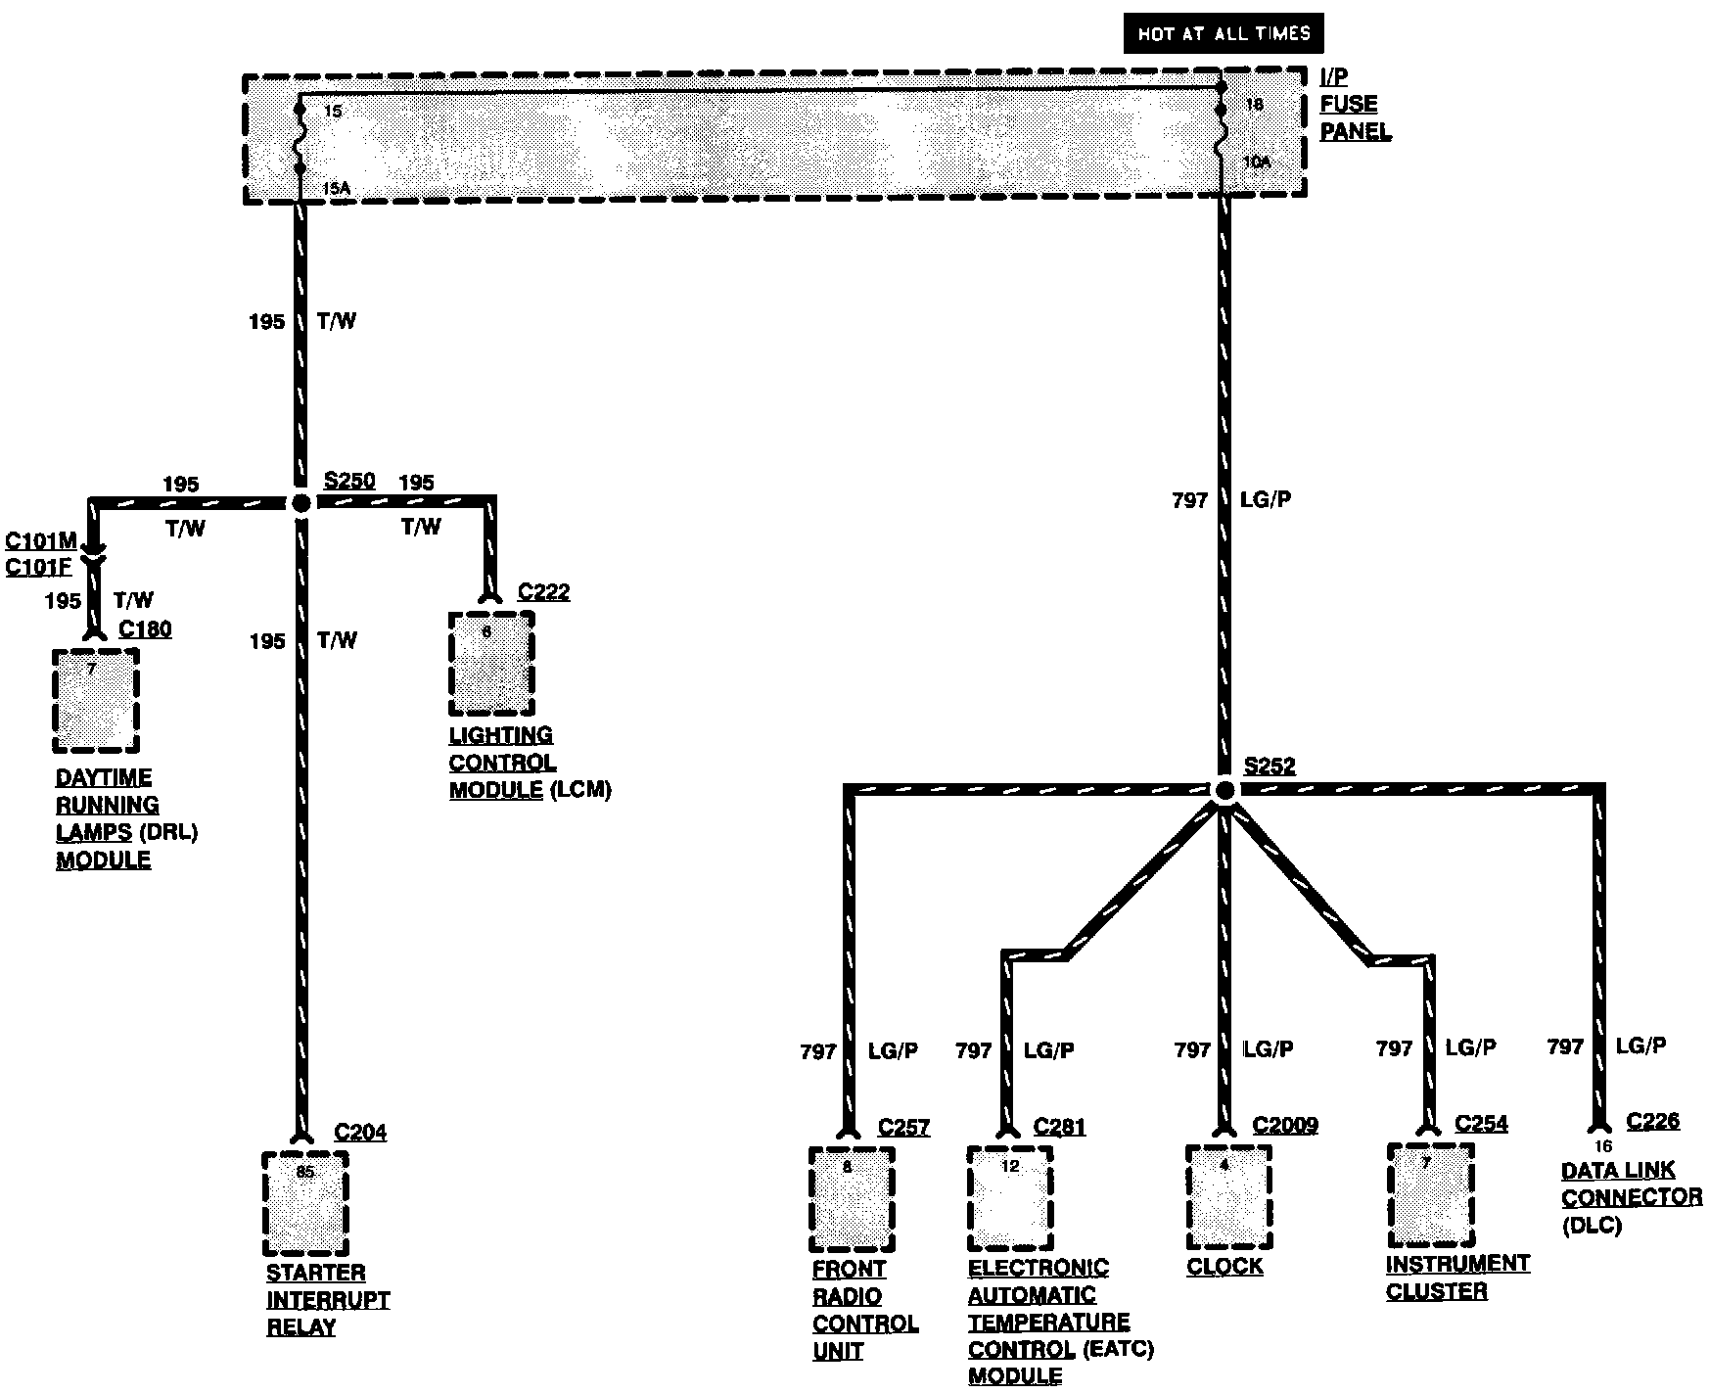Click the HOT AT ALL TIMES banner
point(1224,34)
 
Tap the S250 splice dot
point(301,503)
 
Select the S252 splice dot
point(1224,789)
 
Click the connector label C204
point(360,1133)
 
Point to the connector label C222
point(543,592)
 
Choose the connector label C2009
point(1285,1126)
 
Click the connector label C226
point(1653,1121)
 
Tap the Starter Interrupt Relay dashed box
point(305,1204)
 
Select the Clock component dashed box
point(1228,1196)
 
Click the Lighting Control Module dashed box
point(491,664)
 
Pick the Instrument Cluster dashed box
point(1430,1194)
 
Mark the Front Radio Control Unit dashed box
point(852,1199)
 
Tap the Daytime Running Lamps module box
point(95,701)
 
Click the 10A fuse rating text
point(1257,163)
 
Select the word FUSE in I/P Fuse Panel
point(1348,105)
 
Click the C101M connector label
point(41,541)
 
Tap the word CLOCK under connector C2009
point(1224,1267)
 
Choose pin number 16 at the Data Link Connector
point(1602,1146)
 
